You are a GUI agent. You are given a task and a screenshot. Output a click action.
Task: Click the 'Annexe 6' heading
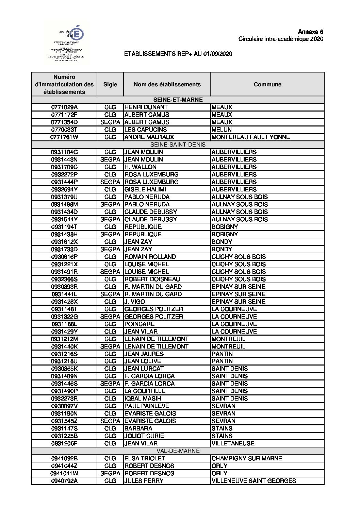[x=311, y=32]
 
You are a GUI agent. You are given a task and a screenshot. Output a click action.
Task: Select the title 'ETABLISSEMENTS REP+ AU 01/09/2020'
[x=178, y=54]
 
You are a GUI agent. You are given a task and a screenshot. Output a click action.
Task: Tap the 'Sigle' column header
[x=110, y=84]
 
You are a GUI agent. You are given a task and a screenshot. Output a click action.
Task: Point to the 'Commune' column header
[x=267, y=84]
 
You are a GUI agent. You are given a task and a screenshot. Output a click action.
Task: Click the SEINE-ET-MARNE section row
[x=178, y=100]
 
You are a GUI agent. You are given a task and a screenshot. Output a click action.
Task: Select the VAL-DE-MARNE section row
[x=178, y=451]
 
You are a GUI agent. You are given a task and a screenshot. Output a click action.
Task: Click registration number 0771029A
[x=65, y=107]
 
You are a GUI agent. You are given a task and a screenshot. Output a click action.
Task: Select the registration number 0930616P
[x=65, y=257]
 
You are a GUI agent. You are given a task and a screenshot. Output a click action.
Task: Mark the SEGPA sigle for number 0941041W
[x=110, y=473]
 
